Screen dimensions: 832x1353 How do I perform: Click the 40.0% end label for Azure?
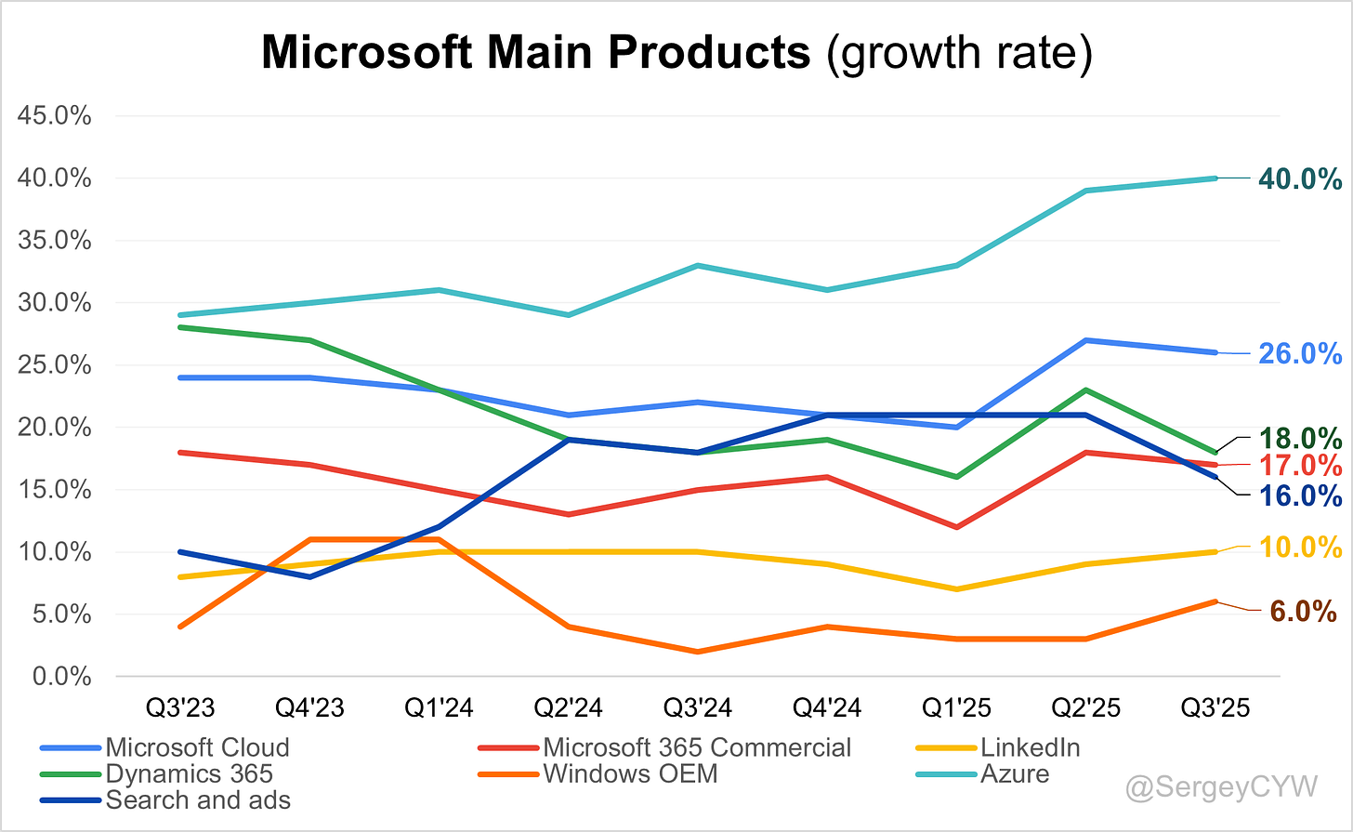pos(1299,178)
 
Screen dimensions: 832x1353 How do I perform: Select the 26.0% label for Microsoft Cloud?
pos(1299,353)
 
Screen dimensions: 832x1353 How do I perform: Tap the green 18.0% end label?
pos(1300,438)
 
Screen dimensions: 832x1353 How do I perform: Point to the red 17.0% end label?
pos(1300,466)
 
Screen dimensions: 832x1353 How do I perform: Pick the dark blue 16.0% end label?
pos(1300,495)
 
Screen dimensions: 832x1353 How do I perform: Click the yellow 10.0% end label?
pos(1300,548)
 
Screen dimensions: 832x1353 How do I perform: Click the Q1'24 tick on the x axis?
pos(439,707)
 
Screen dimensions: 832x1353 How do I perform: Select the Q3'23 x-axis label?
pos(180,707)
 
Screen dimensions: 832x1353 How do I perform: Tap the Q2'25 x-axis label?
pos(1085,707)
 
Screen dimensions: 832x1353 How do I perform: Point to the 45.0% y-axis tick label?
pos(55,116)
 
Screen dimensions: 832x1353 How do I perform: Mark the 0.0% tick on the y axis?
pos(61,677)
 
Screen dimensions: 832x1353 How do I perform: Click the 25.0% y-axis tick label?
pos(55,365)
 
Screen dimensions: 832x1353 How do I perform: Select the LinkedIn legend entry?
pos(1030,747)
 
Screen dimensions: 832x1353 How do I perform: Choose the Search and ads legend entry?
pos(197,799)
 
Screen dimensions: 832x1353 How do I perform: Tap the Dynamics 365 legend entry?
pos(189,773)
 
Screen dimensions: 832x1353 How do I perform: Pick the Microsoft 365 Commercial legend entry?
pos(696,747)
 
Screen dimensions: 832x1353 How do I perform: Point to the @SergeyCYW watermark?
pos(1221,787)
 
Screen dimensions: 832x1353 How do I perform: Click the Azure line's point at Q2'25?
pos(1085,191)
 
